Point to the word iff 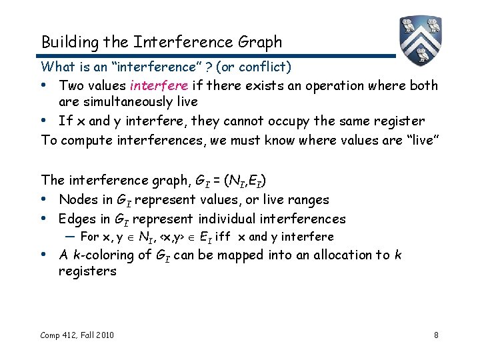(x=223, y=237)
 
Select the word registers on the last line (x=87, y=271)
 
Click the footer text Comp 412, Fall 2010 (x=77, y=334)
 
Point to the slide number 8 (x=436, y=334)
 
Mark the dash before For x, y (x=70, y=237)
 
